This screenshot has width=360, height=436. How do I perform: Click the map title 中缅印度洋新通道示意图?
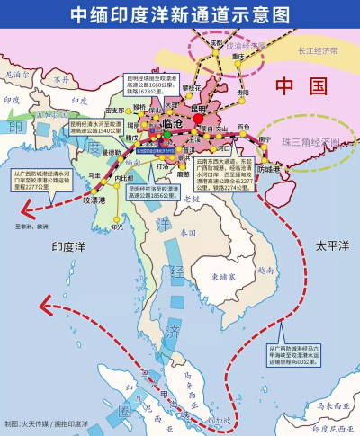coord(179,13)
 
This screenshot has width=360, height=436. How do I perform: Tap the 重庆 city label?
coord(238,56)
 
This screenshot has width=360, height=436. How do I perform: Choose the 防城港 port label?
coord(269,168)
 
